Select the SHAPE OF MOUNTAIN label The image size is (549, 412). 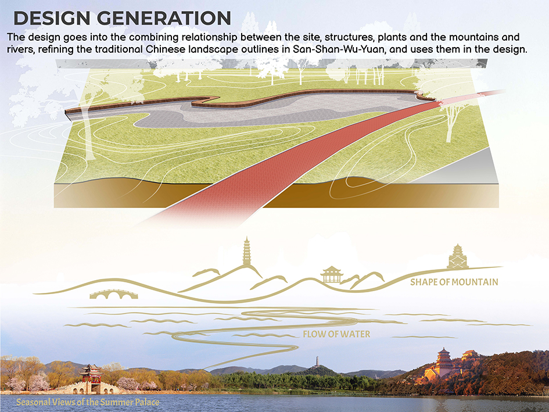tap(454, 282)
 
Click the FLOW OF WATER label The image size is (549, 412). tap(336, 334)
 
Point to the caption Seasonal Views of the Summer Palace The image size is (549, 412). tap(88, 402)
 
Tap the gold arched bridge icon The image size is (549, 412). tap(114, 294)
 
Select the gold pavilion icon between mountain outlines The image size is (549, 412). tap(332, 274)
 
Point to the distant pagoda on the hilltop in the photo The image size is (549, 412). tap(318, 361)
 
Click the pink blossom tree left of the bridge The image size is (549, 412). tap(38, 382)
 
